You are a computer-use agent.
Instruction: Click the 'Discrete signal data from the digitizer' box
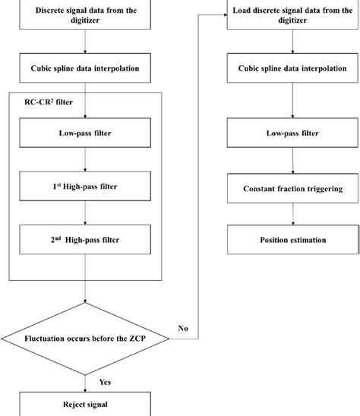click(87, 16)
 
